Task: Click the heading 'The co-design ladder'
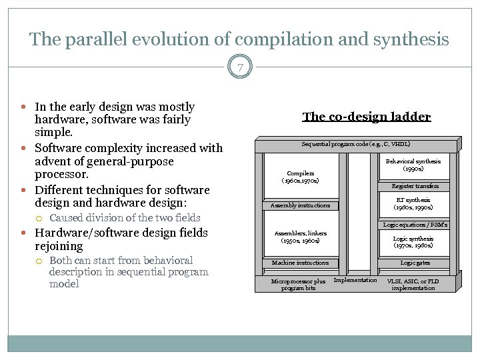coord(366,117)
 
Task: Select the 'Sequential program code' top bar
coord(356,144)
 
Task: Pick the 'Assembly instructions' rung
coord(300,205)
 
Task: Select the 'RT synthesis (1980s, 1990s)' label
coord(413,203)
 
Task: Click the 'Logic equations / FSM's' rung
coord(415,225)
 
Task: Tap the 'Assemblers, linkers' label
coord(300,237)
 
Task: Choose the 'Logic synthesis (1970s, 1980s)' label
coord(413,242)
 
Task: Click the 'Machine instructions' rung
coord(300,263)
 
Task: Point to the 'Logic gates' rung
coord(415,263)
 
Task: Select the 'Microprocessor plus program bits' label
coord(299,284)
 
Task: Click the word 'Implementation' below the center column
coord(355,280)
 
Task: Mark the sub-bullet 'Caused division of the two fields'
coord(125,217)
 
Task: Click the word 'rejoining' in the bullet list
coord(59,246)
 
